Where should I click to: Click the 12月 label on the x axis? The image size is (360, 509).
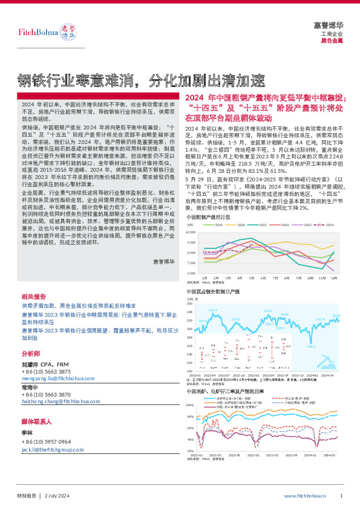[x=333, y=279]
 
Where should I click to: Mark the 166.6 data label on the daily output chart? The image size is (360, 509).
[x=311, y=346]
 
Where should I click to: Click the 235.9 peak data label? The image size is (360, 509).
[x=212, y=310]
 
